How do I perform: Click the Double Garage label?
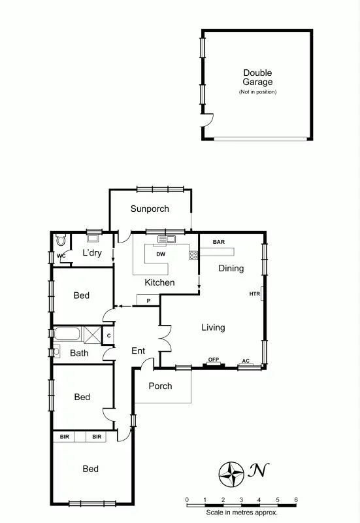(257, 78)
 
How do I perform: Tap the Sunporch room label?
(150, 209)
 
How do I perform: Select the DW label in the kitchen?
(160, 254)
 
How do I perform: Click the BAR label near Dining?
(219, 242)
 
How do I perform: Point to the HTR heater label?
(254, 294)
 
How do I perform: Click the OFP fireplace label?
(213, 360)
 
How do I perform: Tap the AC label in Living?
(246, 361)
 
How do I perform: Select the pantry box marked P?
(148, 300)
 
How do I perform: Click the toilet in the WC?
(60, 239)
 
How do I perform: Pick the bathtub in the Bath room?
(67, 335)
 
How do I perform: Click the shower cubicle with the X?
(92, 335)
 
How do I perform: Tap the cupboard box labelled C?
(108, 336)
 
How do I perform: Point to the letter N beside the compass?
(259, 470)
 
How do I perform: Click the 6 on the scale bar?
(296, 500)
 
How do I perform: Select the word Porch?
(160, 386)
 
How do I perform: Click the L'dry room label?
(91, 253)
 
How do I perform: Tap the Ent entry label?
(138, 351)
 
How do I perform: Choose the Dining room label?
(231, 268)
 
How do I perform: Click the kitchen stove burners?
(193, 255)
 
